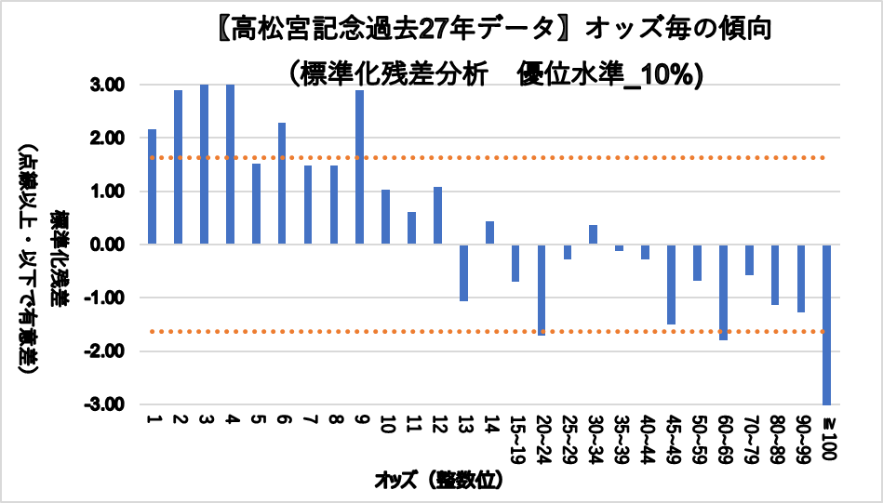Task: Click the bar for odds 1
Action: point(152,187)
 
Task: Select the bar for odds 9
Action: point(359,167)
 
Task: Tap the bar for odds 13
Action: point(463,272)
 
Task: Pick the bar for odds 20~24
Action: point(542,289)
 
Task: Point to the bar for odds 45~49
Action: point(671,284)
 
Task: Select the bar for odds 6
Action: point(281,183)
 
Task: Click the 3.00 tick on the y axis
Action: point(120,85)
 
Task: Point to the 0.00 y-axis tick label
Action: point(120,245)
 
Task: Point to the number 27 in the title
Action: point(430,30)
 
